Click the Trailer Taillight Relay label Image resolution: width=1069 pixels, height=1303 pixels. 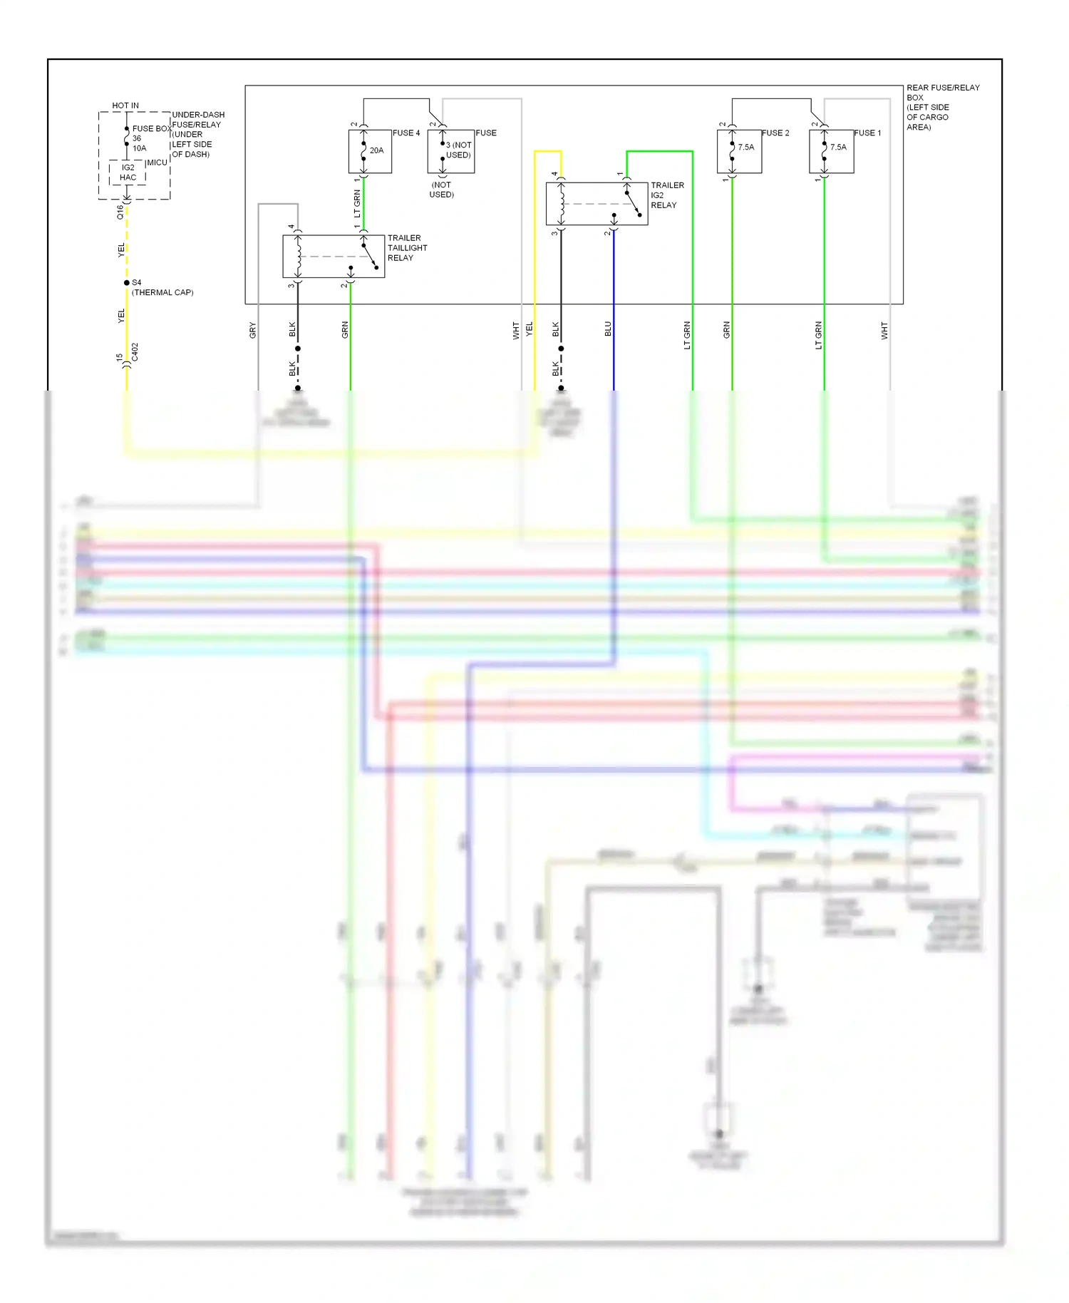point(407,248)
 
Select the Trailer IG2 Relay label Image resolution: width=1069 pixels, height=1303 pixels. point(667,195)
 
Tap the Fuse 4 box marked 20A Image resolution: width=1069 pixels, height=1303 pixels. point(370,151)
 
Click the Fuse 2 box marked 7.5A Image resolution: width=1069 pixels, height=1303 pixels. point(739,151)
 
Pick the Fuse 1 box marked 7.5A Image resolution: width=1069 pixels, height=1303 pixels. point(832,151)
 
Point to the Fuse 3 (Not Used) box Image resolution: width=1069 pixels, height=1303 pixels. point(451,151)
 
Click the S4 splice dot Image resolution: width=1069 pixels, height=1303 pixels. point(127,283)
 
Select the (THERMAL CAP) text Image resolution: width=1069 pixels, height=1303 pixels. point(162,293)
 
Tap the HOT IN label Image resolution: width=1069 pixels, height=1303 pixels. point(125,105)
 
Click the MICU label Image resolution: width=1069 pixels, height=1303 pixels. point(157,163)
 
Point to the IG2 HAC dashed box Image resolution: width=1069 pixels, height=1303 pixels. point(128,172)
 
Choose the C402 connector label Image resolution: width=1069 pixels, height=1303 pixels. point(135,352)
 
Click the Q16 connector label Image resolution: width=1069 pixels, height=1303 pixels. point(120,212)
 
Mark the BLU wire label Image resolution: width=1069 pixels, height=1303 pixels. point(608,329)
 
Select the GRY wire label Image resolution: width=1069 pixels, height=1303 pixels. point(252,330)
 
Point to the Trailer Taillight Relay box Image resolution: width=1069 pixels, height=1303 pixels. point(334,257)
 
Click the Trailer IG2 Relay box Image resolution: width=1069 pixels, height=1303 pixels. point(597,204)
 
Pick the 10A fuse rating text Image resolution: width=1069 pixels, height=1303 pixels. point(140,148)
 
